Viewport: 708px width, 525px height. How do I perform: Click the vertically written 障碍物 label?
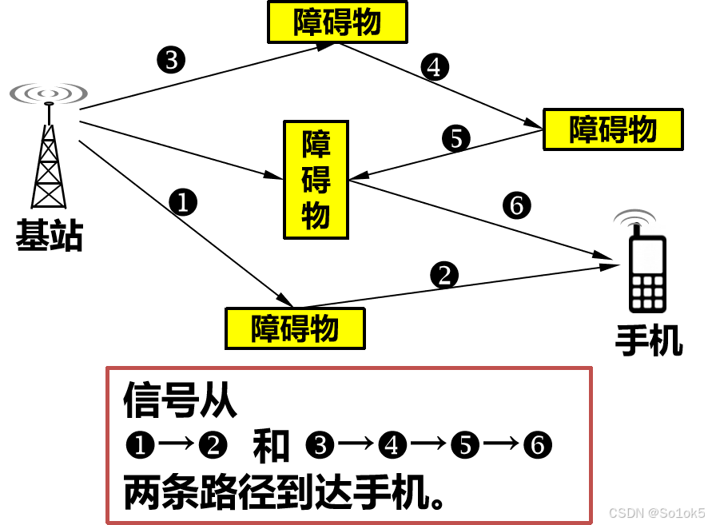tap(316, 180)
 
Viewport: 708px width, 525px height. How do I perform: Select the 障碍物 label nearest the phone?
tap(613, 129)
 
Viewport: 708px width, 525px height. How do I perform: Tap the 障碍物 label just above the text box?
tap(295, 328)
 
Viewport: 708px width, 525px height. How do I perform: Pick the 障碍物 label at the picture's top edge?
tap(337, 22)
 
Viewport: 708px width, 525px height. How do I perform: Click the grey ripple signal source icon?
tap(49, 93)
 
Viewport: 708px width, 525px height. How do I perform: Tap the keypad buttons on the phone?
tap(647, 292)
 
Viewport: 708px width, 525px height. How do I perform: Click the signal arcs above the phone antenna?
tap(634, 216)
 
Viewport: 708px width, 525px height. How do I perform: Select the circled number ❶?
tap(139, 445)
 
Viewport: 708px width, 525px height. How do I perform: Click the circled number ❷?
tap(213, 445)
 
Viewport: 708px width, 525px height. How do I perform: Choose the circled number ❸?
tap(320, 445)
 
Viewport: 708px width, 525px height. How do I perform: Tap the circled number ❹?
tap(392, 445)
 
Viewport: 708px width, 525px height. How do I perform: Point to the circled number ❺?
tap(465, 445)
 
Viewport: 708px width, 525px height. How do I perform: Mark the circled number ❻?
tap(538, 445)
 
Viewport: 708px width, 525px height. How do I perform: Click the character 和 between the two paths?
tap(271, 445)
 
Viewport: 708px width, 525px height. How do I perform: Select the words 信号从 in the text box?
tap(180, 400)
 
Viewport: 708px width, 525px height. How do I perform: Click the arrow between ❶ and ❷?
tap(176, 445)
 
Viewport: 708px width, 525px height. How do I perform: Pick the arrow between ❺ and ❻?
tap(502, 445)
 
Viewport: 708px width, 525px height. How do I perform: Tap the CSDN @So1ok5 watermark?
tap(655, 512)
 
